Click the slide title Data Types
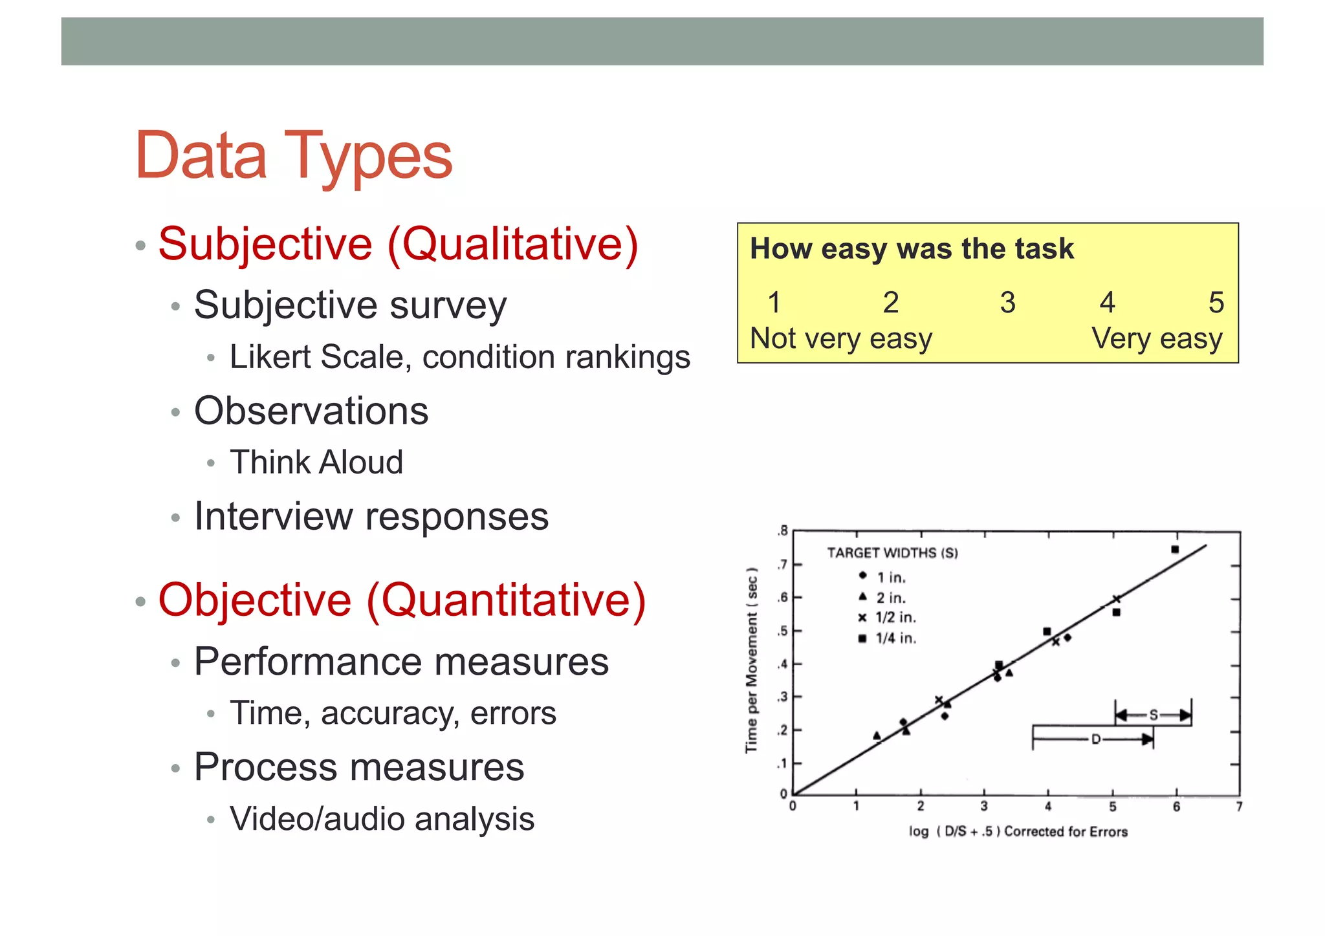pos(294,156)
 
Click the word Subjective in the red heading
pos(265,245)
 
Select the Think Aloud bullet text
pos(316,463)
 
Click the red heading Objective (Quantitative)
pos(402,600)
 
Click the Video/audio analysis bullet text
pos(382,819)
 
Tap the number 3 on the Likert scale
pos(1007,303)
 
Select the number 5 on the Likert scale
pos(1216,303)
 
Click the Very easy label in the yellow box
pos(1157,339)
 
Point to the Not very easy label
pos(840,339)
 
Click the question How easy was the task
pos(911,249)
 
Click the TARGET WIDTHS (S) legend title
pos(892,553)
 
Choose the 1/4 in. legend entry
pos(895,638)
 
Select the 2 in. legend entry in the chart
pos(891,598)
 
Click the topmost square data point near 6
pos(1175,550)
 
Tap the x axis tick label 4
pos(1048,807)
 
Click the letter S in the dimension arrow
pos(1153,715)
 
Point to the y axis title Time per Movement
pos(751,660)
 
